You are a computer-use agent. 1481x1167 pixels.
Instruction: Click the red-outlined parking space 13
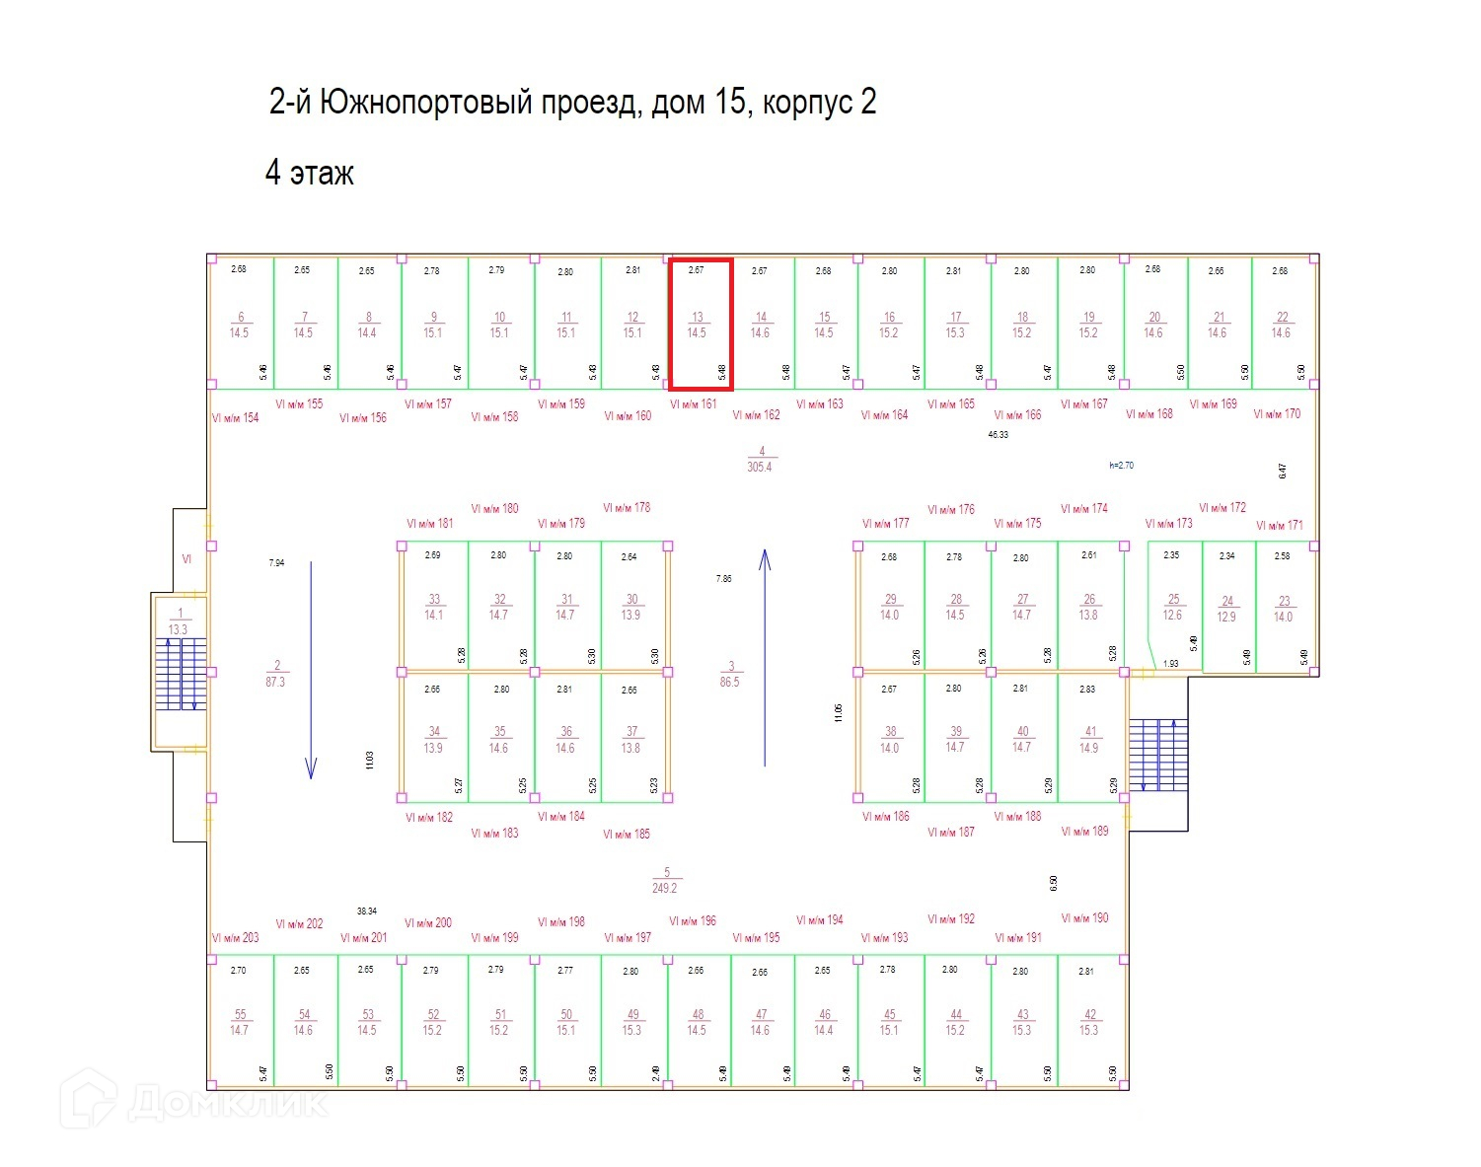[701, 325]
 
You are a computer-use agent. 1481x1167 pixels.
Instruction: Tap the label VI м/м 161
[693, 404]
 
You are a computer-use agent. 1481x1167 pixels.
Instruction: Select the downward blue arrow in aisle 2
[311, 670]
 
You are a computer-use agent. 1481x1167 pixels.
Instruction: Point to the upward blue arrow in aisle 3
[765, 658]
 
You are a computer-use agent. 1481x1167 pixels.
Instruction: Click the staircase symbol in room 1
[181, 675]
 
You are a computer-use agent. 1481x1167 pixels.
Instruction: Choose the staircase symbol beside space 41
[1158, 755]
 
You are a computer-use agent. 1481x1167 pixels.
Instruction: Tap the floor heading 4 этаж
[309, 174]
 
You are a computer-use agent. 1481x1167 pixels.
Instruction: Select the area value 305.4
[760, 467]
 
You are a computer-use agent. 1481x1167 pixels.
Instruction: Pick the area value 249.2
[665, 888]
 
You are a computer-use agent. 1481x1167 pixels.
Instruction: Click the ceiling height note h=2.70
[1121, 465]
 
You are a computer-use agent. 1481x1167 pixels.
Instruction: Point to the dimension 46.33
[999, 434]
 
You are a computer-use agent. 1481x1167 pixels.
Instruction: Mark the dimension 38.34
[366, 911]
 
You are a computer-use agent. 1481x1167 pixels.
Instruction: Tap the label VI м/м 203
[236, 937]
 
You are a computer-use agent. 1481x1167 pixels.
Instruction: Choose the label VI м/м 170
[1277, 414]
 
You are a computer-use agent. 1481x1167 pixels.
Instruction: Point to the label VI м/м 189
[1085, 832]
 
